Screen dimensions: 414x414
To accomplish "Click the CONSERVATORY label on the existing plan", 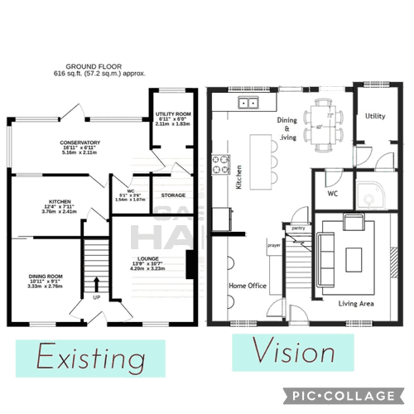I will [x=79, y=142].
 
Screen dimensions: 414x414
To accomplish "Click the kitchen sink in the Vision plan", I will [x=248, y=103].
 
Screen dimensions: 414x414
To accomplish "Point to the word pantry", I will [x=298, y=226].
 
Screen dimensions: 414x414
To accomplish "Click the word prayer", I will [x=274, y=245].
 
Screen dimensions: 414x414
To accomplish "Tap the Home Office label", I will [x=248, y=286].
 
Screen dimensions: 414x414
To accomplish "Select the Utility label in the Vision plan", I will [x=375, y=116].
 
